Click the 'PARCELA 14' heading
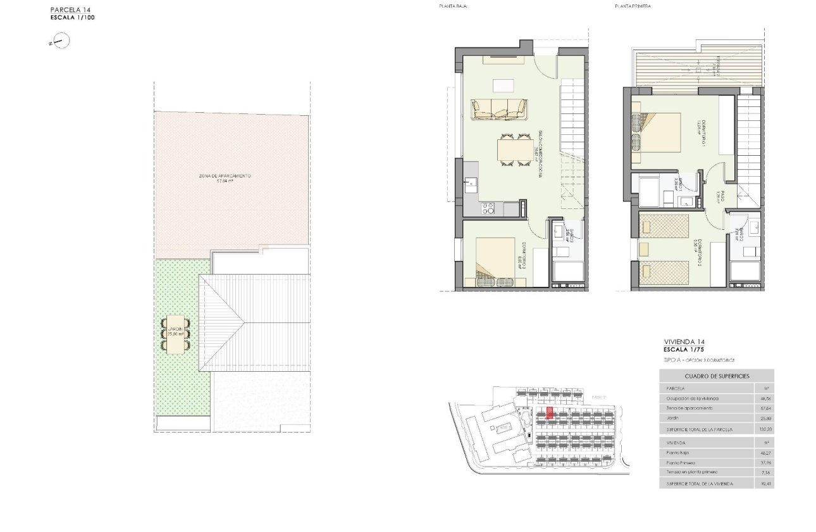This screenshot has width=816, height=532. (71, 10)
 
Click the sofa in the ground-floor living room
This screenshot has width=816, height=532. (499, 109)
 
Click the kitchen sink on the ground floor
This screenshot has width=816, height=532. (471, 184)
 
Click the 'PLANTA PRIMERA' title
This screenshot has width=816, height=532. (633, 6)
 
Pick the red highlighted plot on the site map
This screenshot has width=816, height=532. (550, 413)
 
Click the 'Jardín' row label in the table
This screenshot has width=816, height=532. (672, 419)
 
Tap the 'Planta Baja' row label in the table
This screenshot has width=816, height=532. (677, 453)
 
